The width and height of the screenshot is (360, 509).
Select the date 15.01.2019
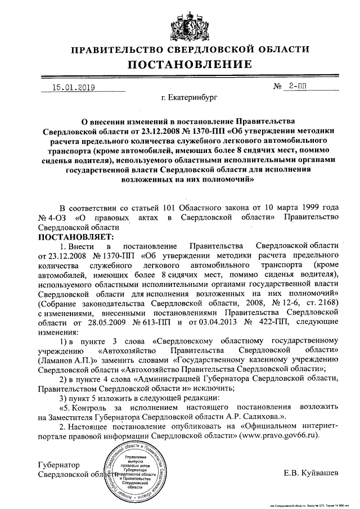tap(73, 88)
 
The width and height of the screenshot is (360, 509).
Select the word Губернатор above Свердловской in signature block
tap(58, 465)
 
